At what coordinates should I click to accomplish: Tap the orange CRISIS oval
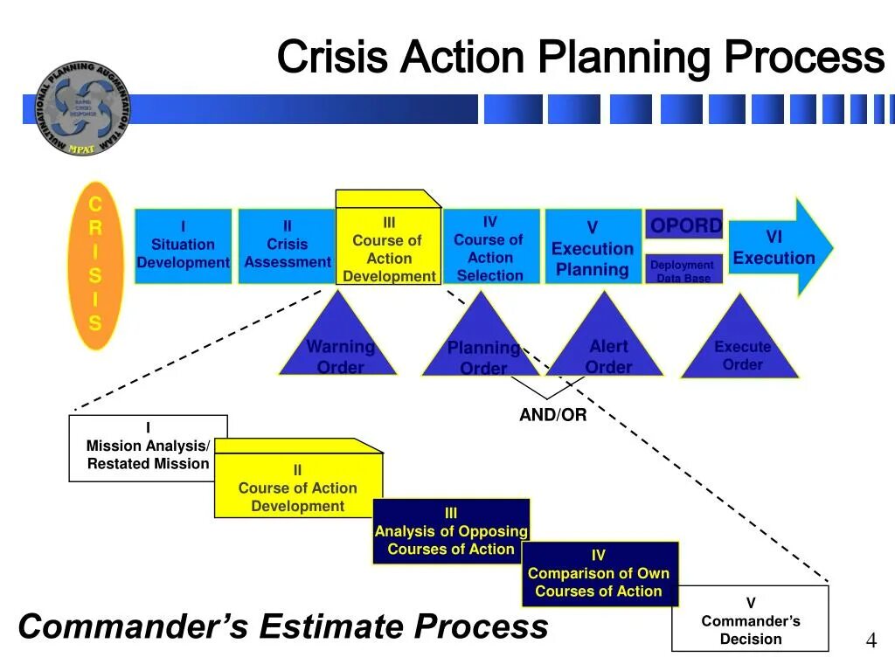pyautogui.click(x=95, y=265)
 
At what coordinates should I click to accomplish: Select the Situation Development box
pyautogui.click(x=183, y=246)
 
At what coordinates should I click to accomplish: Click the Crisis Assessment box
pyautogui.click(x=287, y=246)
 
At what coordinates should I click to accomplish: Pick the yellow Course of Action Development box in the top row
pyautogui.click(x=388, y=249)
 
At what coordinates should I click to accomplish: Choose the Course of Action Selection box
pyautogui.click(x=489, y=247)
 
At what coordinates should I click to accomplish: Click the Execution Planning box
pyautogui.click(x=593, y=247)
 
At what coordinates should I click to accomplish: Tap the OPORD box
pyautogui.click(x=684, y=226)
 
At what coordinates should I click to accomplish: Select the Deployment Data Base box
pyautogui.click(x=683, y=270)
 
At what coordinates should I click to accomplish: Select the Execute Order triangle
pyautogui.click(x=740, y=347)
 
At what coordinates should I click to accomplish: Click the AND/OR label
pyautogui.click(x=552, y=415)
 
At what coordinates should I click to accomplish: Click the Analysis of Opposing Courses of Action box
pyautogui.click(x=451, y=531)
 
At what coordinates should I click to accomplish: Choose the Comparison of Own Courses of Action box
pyautogui.click(x=600, y=573)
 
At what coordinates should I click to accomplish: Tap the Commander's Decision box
pyautogui.click(x=750, y=619)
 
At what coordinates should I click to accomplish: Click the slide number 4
pyautogui.click(x=871, y=641)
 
